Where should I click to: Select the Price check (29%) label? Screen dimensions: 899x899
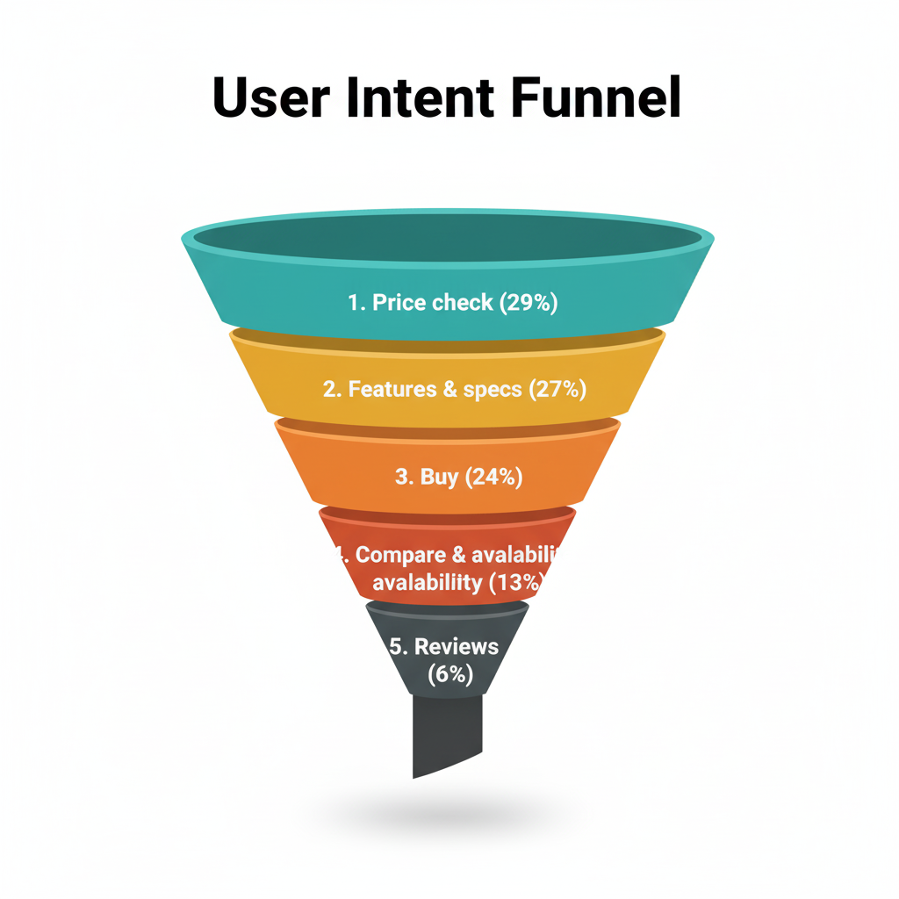pos(452,303)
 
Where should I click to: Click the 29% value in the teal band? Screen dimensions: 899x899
pos(529,303)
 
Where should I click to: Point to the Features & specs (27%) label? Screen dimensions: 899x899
pos(454,389)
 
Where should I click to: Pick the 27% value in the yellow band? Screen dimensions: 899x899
pos(557,389)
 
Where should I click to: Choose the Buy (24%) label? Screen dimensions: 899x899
pos(458,477)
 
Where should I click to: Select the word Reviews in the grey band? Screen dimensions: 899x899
pos(456,647)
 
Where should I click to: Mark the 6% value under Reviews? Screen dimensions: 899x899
pos(449,674)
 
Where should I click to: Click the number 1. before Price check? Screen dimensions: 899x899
pos(356,303)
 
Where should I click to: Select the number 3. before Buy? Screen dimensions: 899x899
pos(404,477)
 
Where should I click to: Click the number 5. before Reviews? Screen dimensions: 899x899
pos(399,647)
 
